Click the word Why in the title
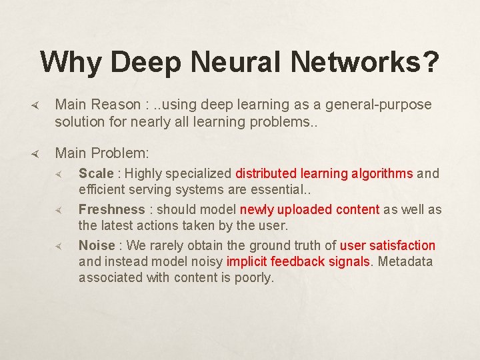click(x=71, y=63)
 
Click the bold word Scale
click(x=96, y=173)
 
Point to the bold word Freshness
click(x=111, y=209)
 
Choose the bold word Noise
click(x=97, y=245)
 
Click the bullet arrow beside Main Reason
click(x=38, y=105)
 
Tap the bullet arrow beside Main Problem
click(x=38, y=153)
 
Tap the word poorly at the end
click(x=254, y=277)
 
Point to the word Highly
click(x=143, y=173)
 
